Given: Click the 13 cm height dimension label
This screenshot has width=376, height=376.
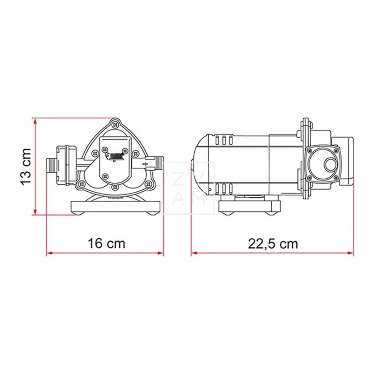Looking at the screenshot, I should [x=26, y=165].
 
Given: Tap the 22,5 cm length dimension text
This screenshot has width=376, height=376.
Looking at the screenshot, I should [x=273, y=243].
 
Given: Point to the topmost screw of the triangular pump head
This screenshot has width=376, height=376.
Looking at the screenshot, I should [x=114, y=125].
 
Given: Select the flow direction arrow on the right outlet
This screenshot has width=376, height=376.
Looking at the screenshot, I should [x=147, y=164].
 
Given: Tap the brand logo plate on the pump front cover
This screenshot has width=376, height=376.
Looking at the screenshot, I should [x=115, y=154].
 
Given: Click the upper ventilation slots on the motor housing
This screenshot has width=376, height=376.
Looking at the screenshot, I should [x=224, y=140].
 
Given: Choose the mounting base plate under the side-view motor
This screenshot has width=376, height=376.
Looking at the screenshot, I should [x=250, y=205].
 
